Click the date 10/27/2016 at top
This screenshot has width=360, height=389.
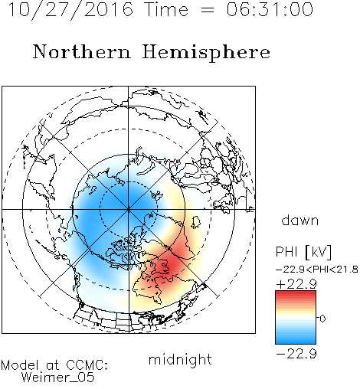tap(70, 10)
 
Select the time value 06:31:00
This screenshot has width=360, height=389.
tap(270, 9)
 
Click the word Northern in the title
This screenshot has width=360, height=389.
tap(82, 52)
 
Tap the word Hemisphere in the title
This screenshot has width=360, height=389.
tap(206, 53)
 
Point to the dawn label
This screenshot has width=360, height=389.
tap(300, 220)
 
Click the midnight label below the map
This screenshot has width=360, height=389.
tap(180, 360)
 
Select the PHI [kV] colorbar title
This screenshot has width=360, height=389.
tap(303, 252)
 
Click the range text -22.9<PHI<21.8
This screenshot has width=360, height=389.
tap(317, 270)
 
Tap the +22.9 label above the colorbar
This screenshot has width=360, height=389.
tap(296, 284)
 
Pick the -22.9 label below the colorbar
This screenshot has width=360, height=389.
tap(296, 354)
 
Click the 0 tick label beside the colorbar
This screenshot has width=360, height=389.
tap(322, 319)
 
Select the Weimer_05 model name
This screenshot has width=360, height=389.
tap(58, 378)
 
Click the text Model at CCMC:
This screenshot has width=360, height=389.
tap(54, 365)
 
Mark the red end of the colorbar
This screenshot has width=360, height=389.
tap(296, 293)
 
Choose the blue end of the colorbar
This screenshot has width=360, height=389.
tap(296, 341)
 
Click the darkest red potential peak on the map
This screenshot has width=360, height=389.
tap(170, 263)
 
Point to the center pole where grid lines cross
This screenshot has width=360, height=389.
tap(129, 209)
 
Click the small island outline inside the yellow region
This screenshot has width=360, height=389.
tap(195, 222)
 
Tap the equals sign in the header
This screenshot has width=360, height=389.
tap(208, 11)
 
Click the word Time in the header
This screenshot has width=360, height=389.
tap(166, 10)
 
